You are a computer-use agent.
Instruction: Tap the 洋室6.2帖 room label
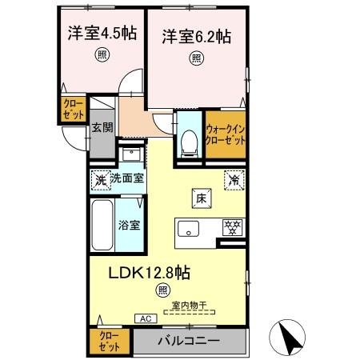click(197, 36)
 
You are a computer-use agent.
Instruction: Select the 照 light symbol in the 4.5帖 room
click(102, 54)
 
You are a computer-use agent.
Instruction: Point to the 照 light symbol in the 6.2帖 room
click(196, 58)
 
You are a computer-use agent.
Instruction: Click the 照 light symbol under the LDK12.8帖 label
click(163, 290)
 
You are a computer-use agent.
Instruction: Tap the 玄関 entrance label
click(100, 127)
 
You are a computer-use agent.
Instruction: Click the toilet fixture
click(189, 142)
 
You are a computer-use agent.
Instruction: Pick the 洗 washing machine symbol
click(101, 179)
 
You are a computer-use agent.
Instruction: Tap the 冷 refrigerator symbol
click(234, 179)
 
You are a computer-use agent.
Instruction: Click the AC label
click(146, 318)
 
